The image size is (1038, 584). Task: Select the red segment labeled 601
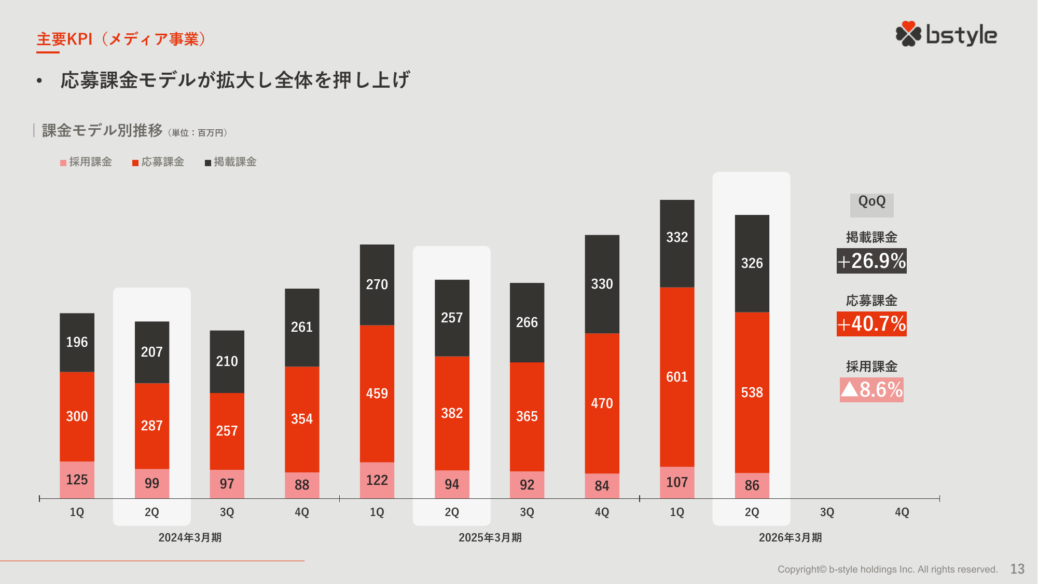(677, 377)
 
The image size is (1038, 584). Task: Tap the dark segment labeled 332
(677, 243)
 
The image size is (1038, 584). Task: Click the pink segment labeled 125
(77, 480)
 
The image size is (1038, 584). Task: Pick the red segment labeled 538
(752, 392)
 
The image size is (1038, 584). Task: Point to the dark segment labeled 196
(77, 342)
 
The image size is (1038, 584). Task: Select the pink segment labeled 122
(377, 480)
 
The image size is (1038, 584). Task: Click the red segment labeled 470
(602, 403)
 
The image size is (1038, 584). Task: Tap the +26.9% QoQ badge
(871, 261)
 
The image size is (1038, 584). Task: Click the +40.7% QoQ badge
(871, 324)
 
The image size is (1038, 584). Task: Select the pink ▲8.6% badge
(871, 389)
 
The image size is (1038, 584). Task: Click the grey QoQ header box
(871, 205)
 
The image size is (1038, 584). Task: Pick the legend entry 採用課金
(87, 162)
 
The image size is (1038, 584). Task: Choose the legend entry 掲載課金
(231, 162)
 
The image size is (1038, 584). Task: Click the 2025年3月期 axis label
(490, 537)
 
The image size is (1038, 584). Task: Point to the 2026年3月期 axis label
(790, 537)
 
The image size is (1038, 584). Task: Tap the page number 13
(1017, 569)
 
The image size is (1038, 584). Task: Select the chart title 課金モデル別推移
(102, 130)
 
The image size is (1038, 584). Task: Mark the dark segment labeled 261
(302, 327)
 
